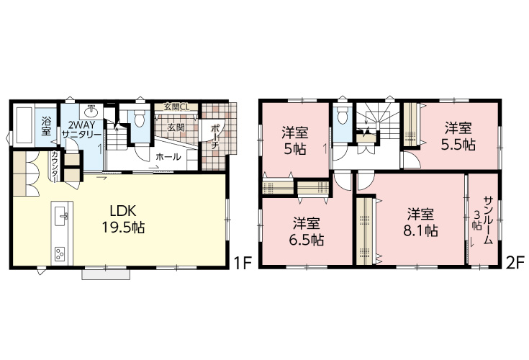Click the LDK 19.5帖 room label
click(123, 220)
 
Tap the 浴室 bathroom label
click(46, 126)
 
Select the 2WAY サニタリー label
click(81, 129)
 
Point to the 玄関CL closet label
click(176, 107)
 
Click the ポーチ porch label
click(216, 138)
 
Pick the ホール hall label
click(168, 157)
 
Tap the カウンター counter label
click(54, 166)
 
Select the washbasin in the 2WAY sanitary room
click(91, 110)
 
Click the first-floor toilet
click(139, 117)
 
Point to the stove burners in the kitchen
click(60, 254)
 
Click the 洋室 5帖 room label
click(295, 141)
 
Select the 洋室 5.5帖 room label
click(458, 136)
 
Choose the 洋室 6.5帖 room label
click(307, 232)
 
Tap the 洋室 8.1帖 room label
click(421, 222)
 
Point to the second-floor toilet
click(342, 117)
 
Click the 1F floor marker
click(243, 264)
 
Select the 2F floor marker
click(515, 263)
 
